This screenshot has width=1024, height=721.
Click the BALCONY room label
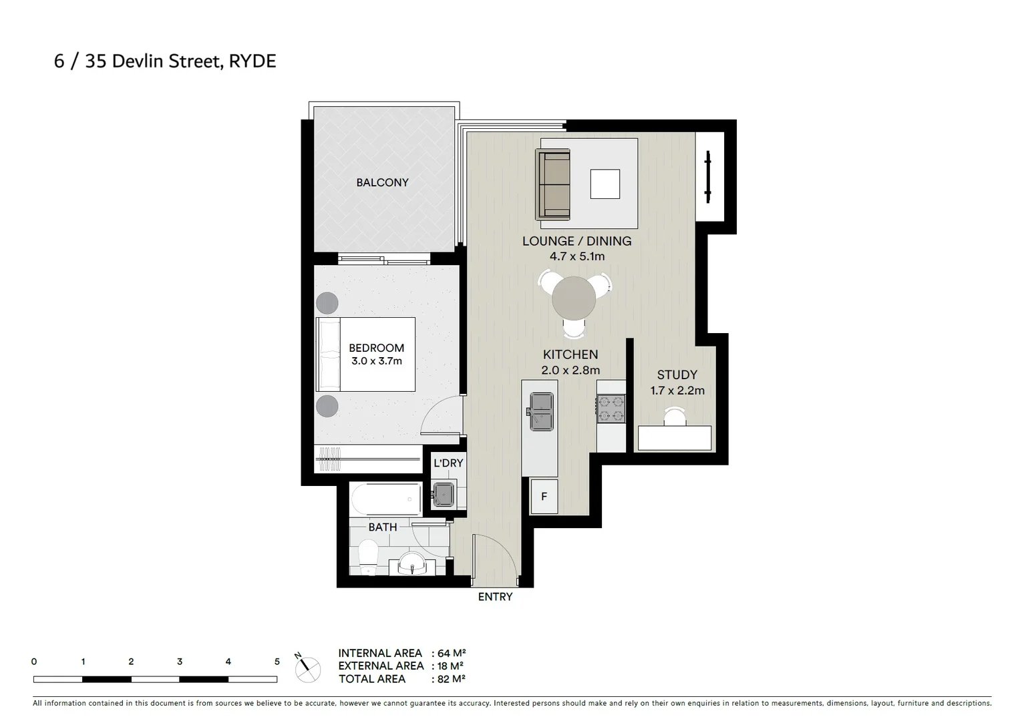point(382,182)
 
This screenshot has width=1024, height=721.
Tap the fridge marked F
point(544,496)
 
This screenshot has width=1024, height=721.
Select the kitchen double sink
point(542,411)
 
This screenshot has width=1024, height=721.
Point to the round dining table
point(574,298)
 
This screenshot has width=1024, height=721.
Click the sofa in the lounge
point(553,185)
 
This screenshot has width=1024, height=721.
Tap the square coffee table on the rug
point(605,184)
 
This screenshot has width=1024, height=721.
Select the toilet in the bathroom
point(368,557)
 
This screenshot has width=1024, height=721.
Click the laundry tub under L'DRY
point(443,494)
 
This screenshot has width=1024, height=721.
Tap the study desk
point(675,439)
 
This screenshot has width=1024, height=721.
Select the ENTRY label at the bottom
point(495,597)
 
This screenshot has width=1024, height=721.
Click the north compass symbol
point(308,668)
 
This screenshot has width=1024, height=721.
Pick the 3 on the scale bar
point(180,662)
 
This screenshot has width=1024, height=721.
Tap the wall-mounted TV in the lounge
point(708,177)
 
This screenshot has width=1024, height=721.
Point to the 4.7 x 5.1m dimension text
point(576,256)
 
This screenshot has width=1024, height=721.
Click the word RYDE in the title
point(252,61)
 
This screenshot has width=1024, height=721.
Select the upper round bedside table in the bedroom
point(327,303)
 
